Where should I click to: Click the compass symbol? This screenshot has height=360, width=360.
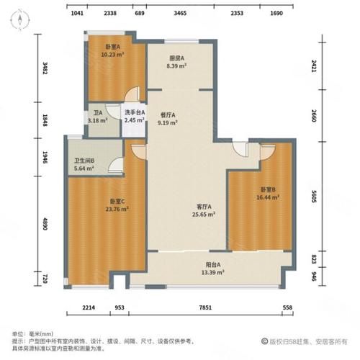[x=19, y=19]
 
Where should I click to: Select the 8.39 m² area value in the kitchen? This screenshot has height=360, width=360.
[x=176, y=66]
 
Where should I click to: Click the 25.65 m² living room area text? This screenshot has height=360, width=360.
[x=203, y=215]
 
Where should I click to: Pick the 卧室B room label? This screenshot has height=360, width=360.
[x=268, y=189]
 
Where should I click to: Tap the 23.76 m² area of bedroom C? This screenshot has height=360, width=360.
[x=117, y=209]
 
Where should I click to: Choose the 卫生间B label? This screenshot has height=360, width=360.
[x=84, y=161]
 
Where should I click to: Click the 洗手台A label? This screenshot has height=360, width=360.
[x=135, y=112]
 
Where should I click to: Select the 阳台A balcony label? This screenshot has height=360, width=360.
[x=213, y=265]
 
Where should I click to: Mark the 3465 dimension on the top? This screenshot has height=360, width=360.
[x=180, y=13]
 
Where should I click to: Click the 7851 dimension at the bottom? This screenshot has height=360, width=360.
[x=205, y=307]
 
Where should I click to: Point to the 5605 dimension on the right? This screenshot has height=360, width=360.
[x=314, y=197]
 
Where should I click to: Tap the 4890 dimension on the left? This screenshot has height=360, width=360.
[x=45, y=224]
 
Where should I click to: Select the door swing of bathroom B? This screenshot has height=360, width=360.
[x=116, y=165]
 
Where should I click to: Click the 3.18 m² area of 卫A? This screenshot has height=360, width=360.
[x=97, y=120]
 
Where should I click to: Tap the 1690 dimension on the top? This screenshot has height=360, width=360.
[x=276, y=13]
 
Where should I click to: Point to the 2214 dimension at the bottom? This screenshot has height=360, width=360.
[x=89, y=307]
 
